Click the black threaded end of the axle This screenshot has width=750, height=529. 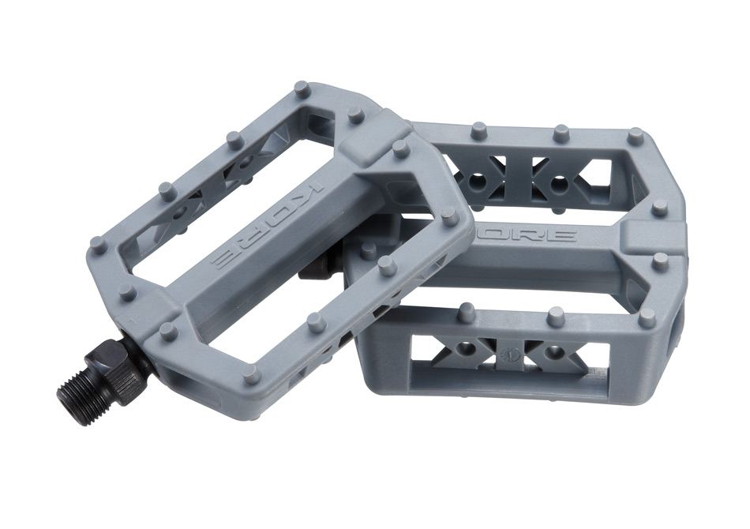pos(76,388)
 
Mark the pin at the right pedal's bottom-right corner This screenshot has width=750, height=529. pos(647,317)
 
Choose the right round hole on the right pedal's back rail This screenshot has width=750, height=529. pos(558,184)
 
